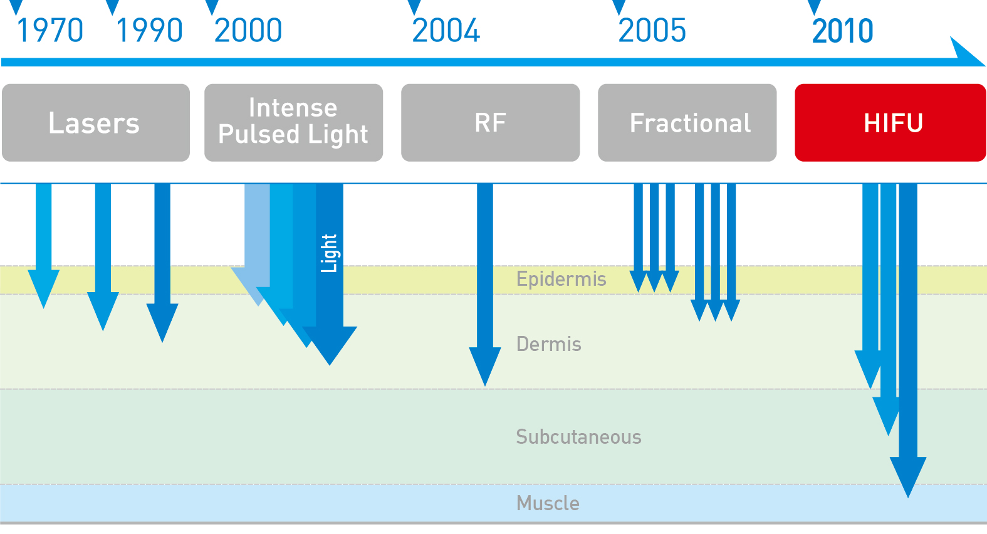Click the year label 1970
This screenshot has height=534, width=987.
[50, 31]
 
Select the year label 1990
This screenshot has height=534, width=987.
[149, 31]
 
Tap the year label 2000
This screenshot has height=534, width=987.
[248, 31]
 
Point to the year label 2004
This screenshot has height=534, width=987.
[446, 31]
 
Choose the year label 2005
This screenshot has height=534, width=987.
[652, 31]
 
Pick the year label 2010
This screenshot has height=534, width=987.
[842, 31]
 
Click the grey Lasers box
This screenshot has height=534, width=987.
[96, 122]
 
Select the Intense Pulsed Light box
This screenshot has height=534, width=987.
[293, 122]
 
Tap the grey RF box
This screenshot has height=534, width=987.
[491, 122]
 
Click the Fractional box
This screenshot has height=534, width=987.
[687, 122]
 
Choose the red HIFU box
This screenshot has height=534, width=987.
[890, 122]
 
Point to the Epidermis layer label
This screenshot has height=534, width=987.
[561, 280]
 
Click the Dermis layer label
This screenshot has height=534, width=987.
[548, 344]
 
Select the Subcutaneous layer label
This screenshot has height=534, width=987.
[578, 437]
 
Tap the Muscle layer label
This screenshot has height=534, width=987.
[548, 503]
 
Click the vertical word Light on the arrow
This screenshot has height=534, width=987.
[329, 253]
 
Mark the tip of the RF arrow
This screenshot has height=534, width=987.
[484, 386]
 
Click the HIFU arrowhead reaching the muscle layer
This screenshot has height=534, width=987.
[907, 477]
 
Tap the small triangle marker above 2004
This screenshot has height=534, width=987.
[414, 7]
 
